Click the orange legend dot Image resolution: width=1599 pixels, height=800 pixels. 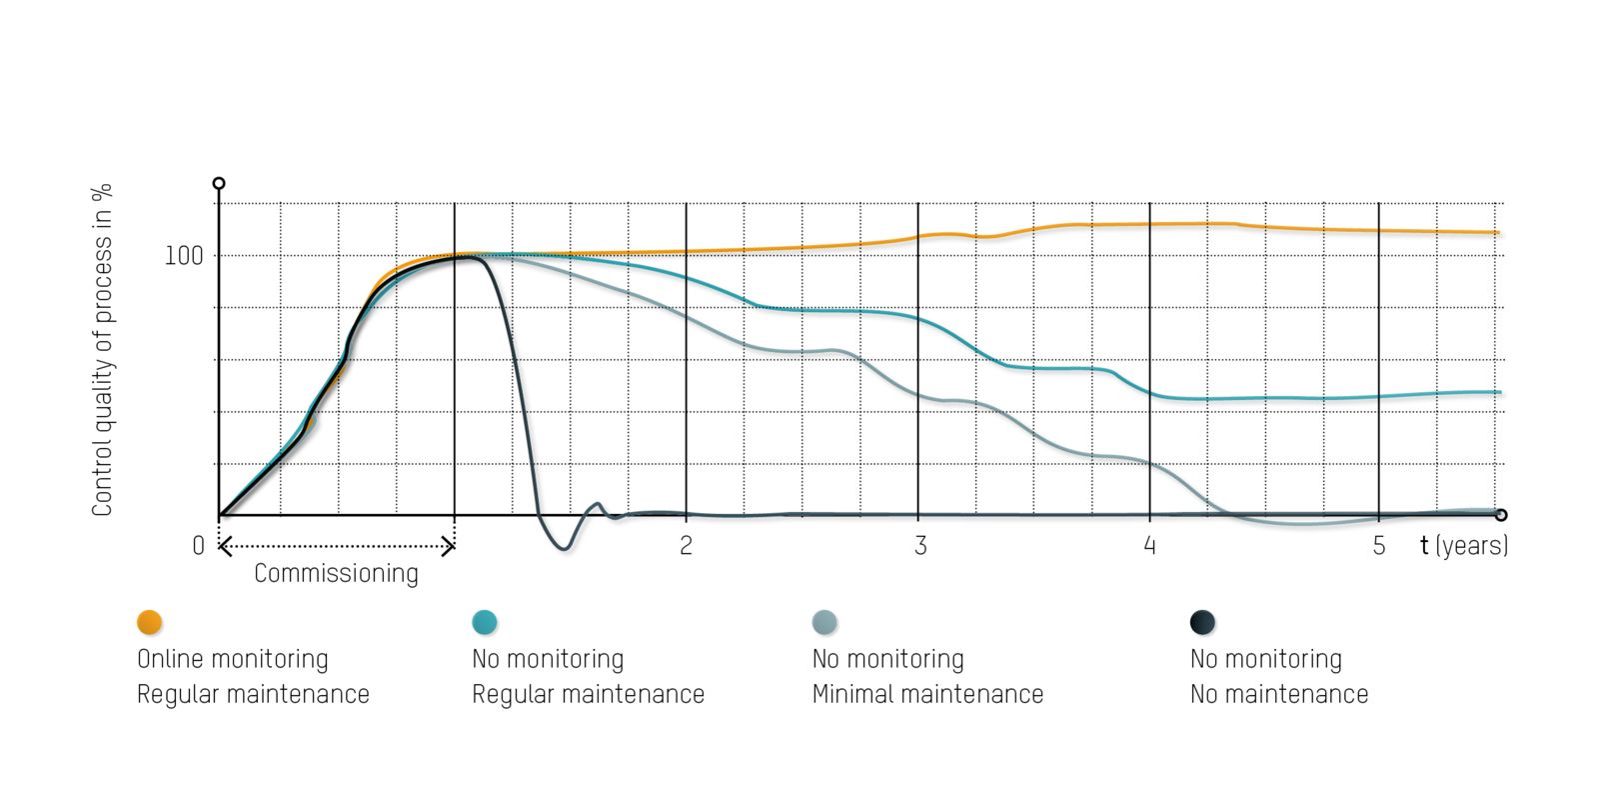149,622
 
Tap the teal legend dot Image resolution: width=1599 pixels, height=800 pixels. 485,622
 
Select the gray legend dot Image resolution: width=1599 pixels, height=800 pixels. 824,622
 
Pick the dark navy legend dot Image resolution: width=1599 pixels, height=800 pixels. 1202,622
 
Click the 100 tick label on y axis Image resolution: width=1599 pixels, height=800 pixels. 183,256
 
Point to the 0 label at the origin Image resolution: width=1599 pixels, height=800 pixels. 198,546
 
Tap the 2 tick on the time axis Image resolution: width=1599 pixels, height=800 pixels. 686,546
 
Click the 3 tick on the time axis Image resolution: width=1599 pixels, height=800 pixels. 919,546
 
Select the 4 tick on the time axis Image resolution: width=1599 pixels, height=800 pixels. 1149,546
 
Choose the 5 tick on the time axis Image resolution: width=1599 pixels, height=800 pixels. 1379,546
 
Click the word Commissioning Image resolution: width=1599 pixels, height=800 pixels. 336,574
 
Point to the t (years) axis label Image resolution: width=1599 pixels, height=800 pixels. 1464,546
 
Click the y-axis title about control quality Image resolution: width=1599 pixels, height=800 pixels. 102,350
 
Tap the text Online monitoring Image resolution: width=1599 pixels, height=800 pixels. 232,660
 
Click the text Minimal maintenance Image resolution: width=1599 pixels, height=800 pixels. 927,695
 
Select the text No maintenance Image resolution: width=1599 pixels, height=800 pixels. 1279,695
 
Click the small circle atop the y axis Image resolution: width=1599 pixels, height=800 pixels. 219,183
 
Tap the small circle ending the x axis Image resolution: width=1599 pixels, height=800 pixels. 1501,515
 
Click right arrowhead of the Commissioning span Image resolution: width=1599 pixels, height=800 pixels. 451,546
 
